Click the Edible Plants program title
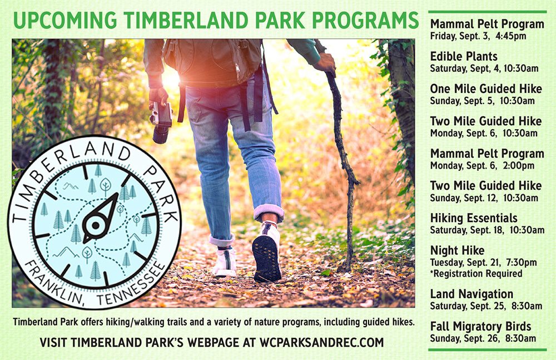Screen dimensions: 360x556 click(464, 57)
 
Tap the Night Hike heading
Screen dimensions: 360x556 click(457, 250)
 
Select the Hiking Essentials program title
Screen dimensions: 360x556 click(474, 218)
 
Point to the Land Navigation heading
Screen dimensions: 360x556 click(471, 294)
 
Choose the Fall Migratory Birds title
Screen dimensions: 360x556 click(480, 327)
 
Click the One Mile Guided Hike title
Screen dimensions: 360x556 click(486, 89)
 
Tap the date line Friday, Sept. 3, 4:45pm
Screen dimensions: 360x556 click(478, 36)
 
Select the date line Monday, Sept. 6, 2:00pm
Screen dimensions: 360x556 click(482, 165)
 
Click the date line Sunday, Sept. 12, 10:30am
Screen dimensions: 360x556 click(485, 198)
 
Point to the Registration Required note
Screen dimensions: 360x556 click(476, 273)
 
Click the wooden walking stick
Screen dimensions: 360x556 click(342, 167)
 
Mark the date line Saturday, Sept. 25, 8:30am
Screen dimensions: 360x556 click(486, 306)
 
